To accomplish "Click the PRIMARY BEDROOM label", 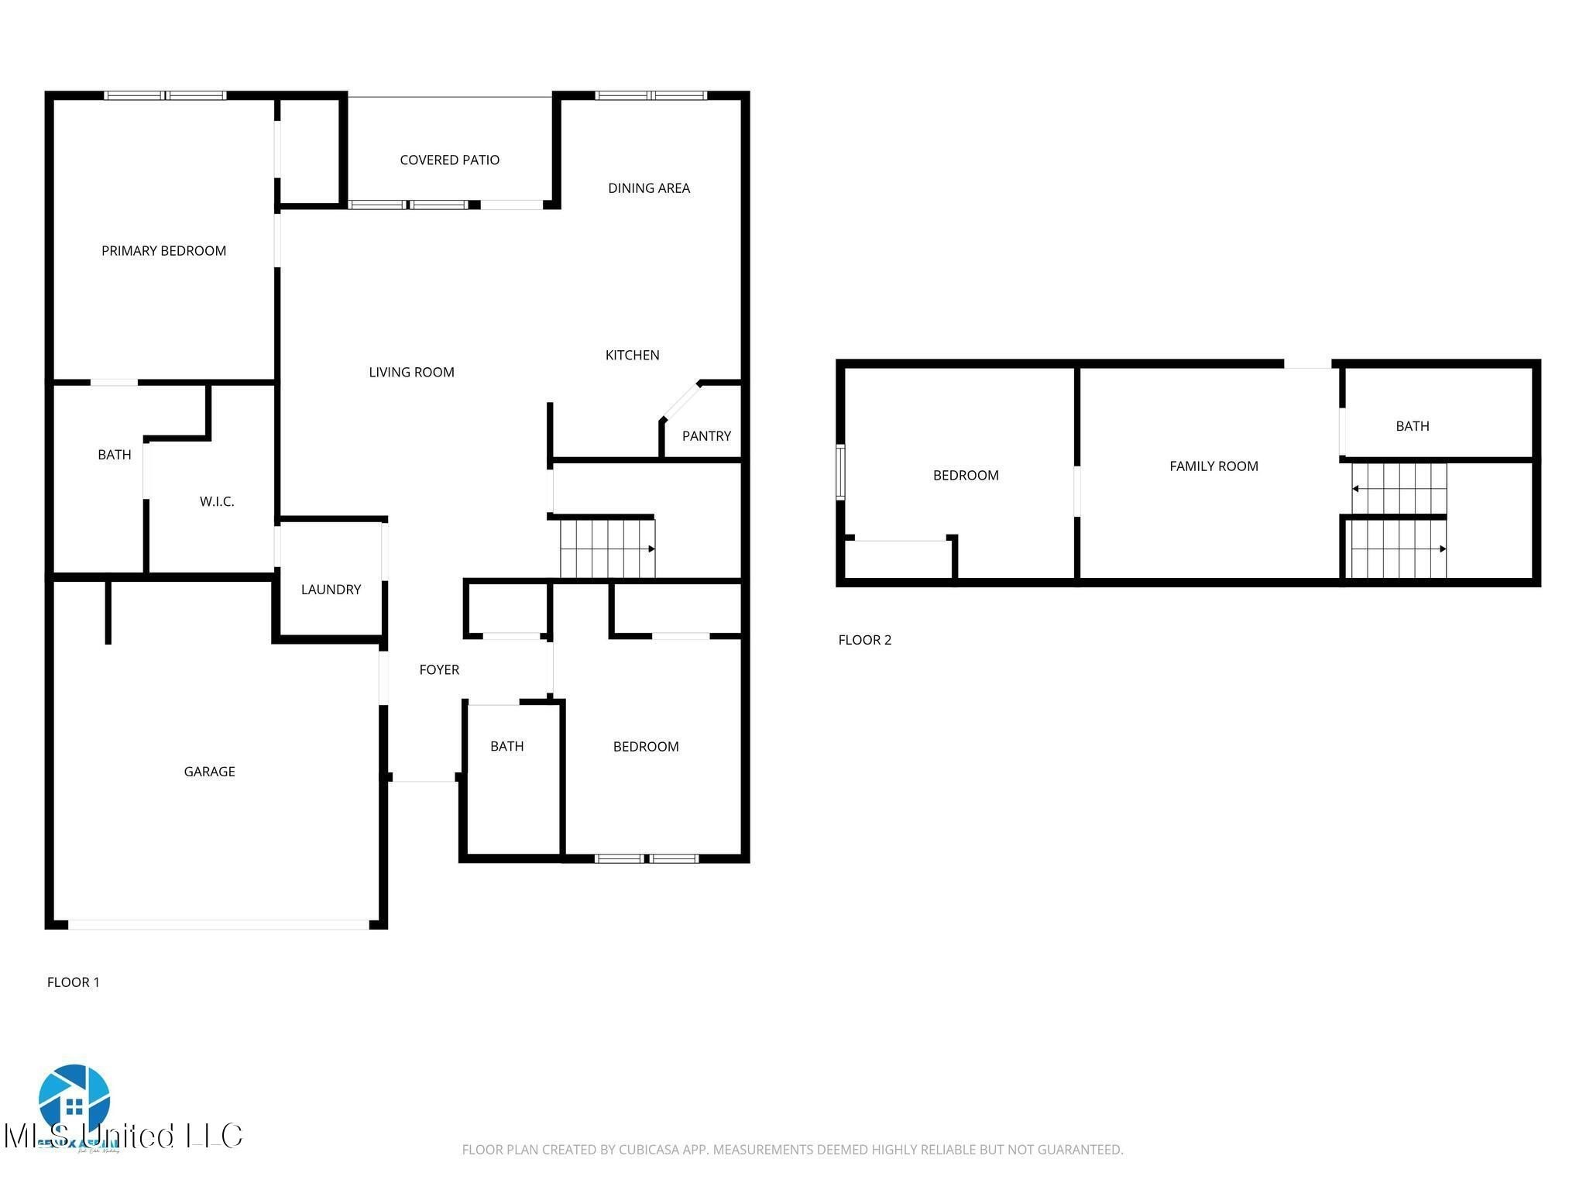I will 163,250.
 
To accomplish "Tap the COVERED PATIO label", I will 449,160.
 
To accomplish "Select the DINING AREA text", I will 648,187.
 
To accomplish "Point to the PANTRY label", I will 705,435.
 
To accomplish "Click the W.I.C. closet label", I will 217,501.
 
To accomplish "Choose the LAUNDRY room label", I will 331,589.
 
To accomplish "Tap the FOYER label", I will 439,669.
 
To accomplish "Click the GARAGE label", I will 209,771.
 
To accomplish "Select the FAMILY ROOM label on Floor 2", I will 1213,466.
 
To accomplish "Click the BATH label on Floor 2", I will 1412,425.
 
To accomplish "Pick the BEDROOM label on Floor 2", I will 965,475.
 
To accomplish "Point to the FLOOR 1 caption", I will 73,982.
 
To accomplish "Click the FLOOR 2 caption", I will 864,639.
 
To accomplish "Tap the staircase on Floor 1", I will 607,549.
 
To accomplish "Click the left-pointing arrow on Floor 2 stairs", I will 1356,489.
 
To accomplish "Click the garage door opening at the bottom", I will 218,924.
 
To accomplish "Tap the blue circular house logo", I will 74,1100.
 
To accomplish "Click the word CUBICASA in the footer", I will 648,1150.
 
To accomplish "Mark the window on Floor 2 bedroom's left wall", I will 840,472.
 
